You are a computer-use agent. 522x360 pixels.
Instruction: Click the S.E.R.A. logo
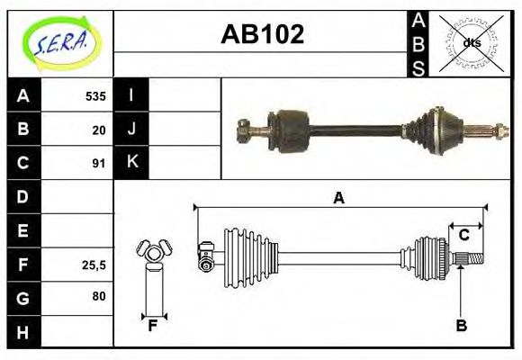60,42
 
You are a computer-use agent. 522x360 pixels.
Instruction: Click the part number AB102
262,34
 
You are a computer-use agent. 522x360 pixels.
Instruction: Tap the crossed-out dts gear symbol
471,42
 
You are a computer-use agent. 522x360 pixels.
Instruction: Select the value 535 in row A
95,95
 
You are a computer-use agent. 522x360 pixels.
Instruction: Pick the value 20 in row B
99,130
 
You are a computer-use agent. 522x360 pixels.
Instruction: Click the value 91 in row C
99,163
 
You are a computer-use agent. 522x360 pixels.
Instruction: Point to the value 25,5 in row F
94,265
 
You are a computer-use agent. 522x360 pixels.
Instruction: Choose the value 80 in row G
99,297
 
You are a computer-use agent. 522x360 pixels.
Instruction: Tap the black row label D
23,196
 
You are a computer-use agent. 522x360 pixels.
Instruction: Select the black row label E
23,230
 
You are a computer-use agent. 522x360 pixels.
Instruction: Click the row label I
131,95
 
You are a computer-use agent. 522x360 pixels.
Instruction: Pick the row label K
131,163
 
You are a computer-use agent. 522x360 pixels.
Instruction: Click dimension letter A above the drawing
338,199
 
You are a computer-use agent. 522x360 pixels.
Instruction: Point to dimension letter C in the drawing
464,236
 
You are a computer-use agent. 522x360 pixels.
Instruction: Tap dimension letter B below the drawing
461,326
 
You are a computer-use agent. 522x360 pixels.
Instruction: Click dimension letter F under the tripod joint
153,326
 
